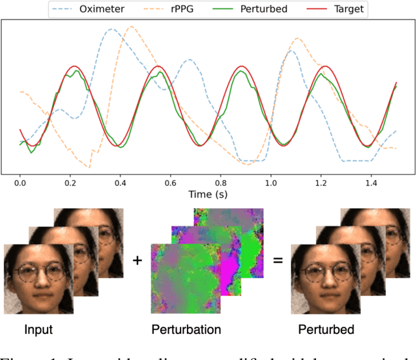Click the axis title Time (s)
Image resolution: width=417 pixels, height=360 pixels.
(208, 195)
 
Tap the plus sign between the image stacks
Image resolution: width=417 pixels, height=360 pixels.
(137, 261)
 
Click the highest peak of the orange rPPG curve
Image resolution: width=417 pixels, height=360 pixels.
(132, 27)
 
